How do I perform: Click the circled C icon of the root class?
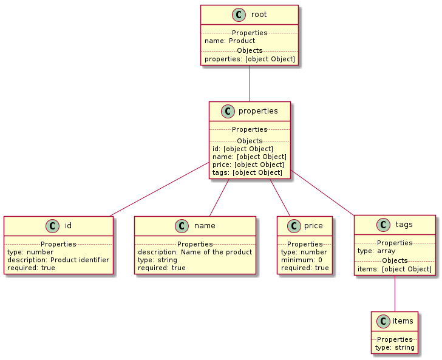[238, 15]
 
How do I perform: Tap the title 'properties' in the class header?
[259, 111]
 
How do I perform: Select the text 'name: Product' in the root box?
[230, 41]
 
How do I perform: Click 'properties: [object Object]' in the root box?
[250, 59]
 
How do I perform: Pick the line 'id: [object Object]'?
[242, 149]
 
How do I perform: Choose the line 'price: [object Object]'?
[248, 165]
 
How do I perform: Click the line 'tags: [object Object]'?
[247, 172]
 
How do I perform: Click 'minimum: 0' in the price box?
[301, 260]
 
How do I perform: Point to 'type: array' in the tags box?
[376, 250]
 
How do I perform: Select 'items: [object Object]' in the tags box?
[395, 269]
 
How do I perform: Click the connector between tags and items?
[395, 294]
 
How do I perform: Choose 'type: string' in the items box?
[395, 348]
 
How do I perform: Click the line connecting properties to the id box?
[158, 189]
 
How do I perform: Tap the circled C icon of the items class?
[383, 321]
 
